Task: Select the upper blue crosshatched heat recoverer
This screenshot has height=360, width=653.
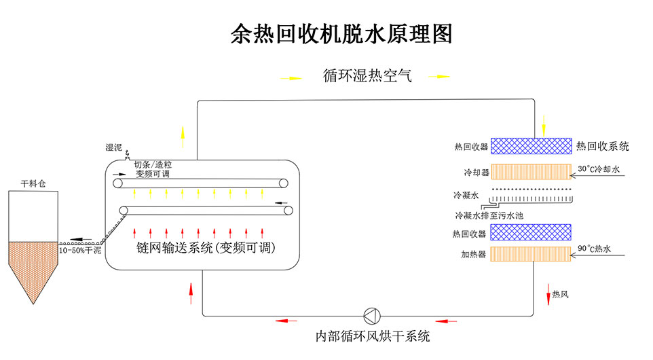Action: click(x=530, y=146)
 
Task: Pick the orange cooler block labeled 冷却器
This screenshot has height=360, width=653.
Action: click(x=530, y=171)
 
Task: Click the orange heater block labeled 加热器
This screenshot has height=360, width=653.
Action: click(x=530, y=255)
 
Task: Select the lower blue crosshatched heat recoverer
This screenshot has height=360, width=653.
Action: click(x=530, y=232)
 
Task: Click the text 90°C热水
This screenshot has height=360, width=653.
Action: click(x=594, y=249)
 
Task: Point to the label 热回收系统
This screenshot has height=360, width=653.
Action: click(x=603, y=146)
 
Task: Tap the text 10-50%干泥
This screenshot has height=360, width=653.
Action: click(x=80, y=251)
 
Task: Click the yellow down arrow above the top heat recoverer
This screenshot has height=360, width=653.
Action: click(x=544, y=125)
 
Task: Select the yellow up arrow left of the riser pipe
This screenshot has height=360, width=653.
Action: click(x=181, y=137)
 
